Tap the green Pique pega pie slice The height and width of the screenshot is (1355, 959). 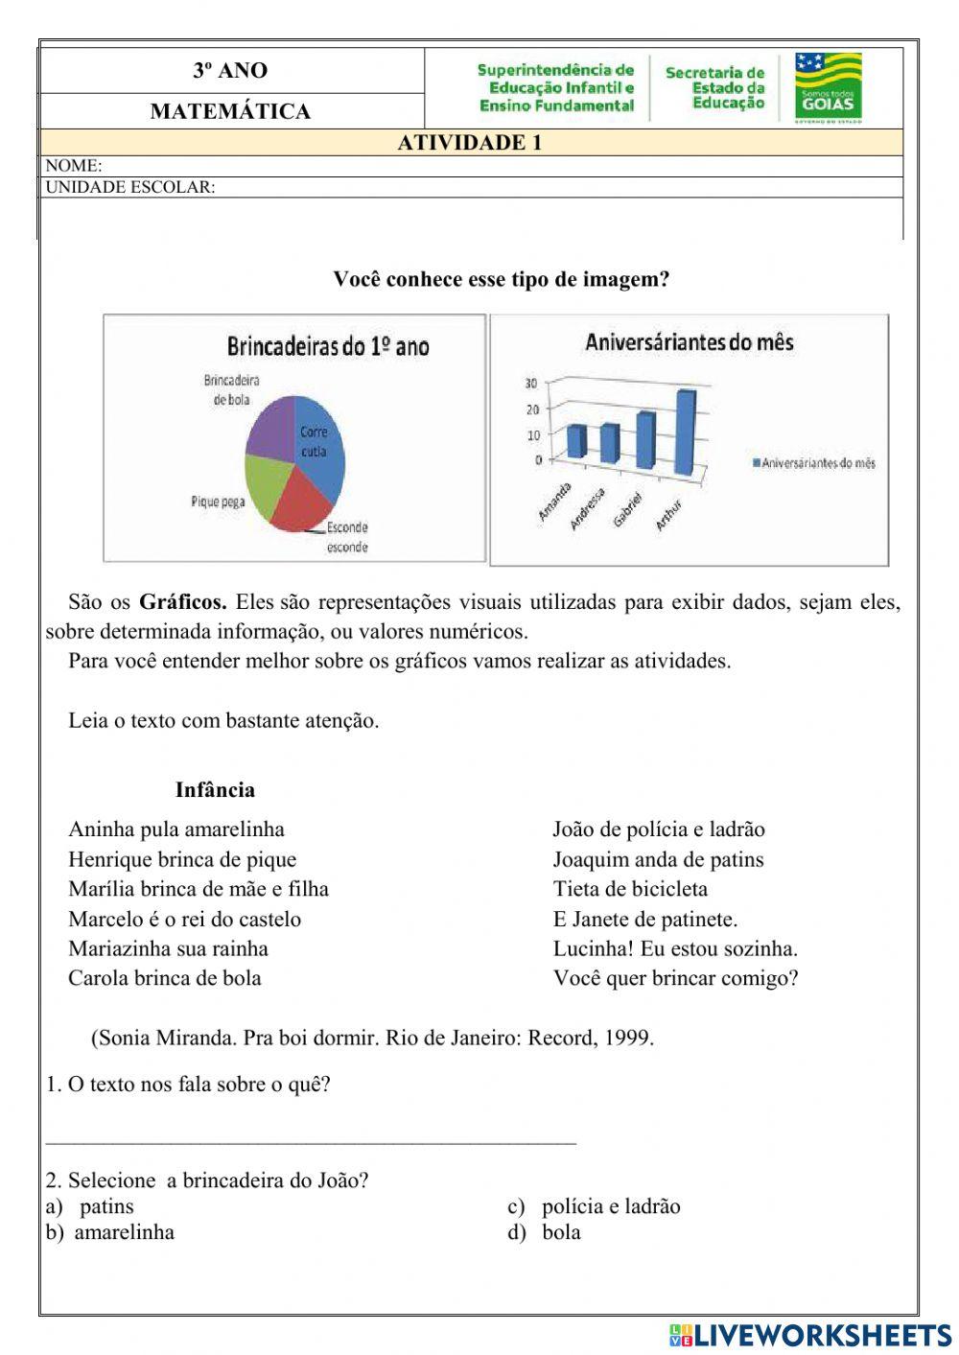coord(265,482)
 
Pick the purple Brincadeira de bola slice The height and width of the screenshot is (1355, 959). coord(271,428)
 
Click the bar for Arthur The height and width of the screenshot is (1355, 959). coord(686,432)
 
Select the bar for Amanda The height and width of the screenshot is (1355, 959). coord(575,441)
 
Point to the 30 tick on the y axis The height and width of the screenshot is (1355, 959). coord(530,384)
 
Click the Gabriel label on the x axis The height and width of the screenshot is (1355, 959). coord(627,508)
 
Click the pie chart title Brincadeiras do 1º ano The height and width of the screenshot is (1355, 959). coord(327,346)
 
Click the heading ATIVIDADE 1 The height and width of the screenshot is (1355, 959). coord(470,143)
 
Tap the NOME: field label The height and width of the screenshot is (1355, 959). coord(74,166)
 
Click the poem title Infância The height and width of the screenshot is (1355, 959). coord(215,790)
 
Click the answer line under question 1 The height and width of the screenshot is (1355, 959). coord(311,1141)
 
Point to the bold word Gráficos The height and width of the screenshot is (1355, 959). coord(182,603)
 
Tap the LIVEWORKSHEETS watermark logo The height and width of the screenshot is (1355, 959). coord(810,1335)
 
